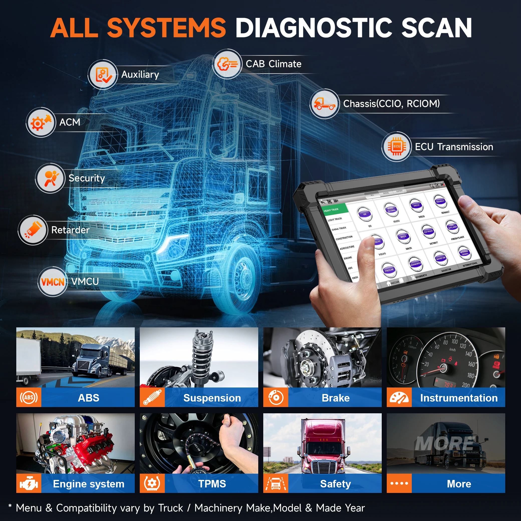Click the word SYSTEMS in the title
(166, 28)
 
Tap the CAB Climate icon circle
(227, 64)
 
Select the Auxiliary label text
(140, 74)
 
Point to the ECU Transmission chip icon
(397, 147)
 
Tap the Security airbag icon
(50, 178)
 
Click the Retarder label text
(70, 230)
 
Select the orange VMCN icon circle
(53, 282)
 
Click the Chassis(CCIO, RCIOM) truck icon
(324, 103)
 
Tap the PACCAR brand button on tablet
(389, 270)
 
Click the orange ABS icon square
(29, 397)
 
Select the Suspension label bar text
(212, 398)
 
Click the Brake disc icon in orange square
(276, 397)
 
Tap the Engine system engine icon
(29, 483)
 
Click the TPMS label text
(212, 483)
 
